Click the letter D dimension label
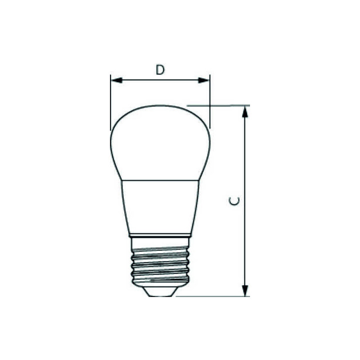pyautogui.click(x=159, y=69)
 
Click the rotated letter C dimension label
pyautogui.click(x=234, y=201)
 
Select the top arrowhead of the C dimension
pyautogui.click(x=245, y=111)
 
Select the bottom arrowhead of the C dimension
pyautogui.click(x=245, y=290)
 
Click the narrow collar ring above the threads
pyautogui.click(x=160, y=234)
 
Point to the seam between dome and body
pyautogui.click(x=160, y=180)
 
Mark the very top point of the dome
pyautogui.click(x=160, y=105)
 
